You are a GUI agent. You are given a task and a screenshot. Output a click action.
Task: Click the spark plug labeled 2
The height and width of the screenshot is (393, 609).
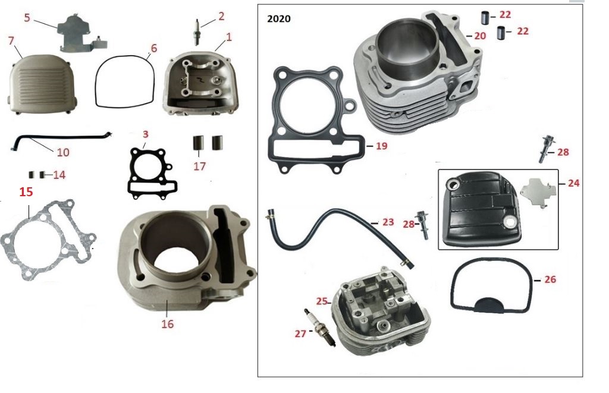pyautogui.click(x=197, y=32)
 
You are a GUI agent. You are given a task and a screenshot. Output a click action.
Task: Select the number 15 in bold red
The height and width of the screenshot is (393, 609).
pyautogui.click(x=26, y=192)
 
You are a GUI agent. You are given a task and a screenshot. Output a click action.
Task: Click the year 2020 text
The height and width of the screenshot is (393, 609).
pyautogui.click(x=279, y=18)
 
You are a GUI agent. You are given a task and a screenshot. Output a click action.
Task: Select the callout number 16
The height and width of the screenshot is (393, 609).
pyautogui.click(x=167, y=324)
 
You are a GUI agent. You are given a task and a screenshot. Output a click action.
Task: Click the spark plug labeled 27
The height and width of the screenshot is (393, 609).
pyautogui.click(x=319, y=328)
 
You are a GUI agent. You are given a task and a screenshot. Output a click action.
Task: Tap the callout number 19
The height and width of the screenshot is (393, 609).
pyautogui.click(x=382, y=146)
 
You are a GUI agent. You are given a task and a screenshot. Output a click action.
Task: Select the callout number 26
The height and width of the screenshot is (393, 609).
pyautogui.click(x=550, y=279)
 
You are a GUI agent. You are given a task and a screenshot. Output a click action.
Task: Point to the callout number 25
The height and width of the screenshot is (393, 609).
pyautogui.click(x=322, y=301)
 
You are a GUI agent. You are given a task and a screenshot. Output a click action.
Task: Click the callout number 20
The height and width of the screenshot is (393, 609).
pyautogui.click(x=480, y=36)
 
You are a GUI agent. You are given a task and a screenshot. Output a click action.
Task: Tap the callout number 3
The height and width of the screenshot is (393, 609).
pyautogui.click(x=145, y=134)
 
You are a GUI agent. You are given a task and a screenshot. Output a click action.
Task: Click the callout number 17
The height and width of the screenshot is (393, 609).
pyautogui.click(x=199, y=166)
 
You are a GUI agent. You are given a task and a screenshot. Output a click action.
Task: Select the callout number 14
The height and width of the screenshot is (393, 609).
pyautogui.click(x=59, y=175)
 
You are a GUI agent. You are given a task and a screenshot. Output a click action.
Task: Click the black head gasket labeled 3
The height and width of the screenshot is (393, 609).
pyautogui.click(x=152, y=174)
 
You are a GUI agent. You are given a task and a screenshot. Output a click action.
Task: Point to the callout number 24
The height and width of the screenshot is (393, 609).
pyautogui.click(x=573, y=183)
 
